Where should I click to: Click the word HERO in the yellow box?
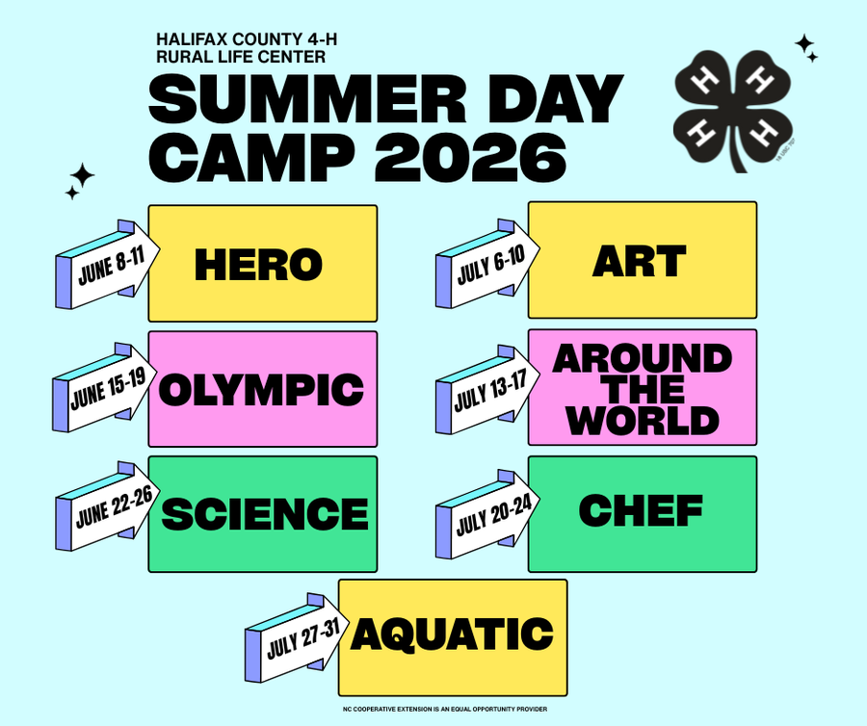coord(257,265)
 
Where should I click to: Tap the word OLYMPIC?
coord(261,390)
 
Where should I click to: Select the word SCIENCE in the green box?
coord(264,514)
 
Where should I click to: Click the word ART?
coord(640,261)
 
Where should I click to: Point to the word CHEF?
coord(641,510)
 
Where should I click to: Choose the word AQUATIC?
coord(452,635)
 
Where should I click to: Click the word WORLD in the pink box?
coord(643,420)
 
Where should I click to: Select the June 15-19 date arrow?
coord(107,390)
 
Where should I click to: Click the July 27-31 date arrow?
coord(299,636)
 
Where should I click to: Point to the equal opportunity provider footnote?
coord(444,710)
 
